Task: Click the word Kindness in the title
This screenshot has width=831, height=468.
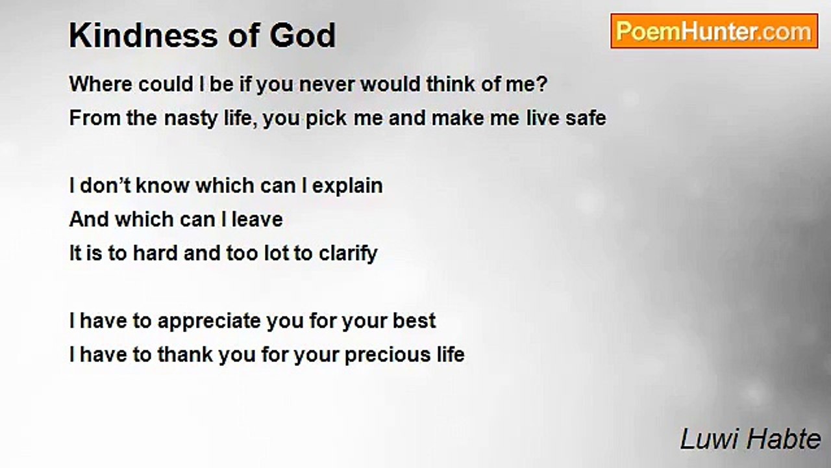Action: click(x=143, y=36)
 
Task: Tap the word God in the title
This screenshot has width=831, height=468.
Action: click(x=303, y=36)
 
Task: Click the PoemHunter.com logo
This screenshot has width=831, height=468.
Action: click(x=714, y=31)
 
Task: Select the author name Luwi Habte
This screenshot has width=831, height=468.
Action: click(x=750, y=439)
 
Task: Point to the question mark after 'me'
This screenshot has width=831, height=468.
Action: click(x=542, y=84)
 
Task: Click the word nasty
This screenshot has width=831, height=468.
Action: click(x=191, y=118)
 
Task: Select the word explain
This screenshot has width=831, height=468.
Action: click(x=347, y=186)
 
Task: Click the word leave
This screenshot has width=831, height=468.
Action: click(x=257, y=219)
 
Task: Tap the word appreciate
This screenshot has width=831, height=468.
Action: click(x=209, y=321)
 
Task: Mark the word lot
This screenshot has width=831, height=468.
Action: click(x=277, y=253)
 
